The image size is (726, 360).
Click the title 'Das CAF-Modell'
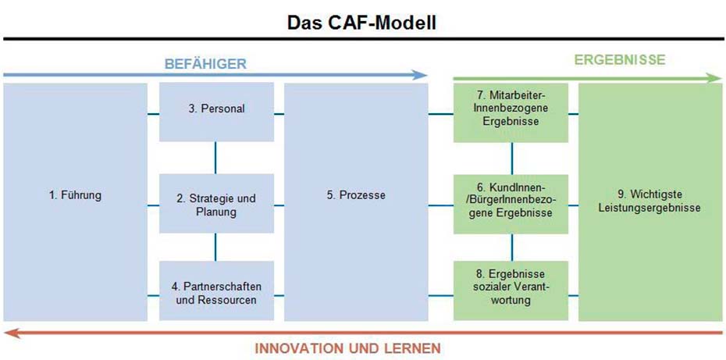pos(361,23)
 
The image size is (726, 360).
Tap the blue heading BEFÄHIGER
pos(205,64)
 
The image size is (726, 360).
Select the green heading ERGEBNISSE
pos(620,60)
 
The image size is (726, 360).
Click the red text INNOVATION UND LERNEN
pos(347,348)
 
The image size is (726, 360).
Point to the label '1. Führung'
pos(75,195)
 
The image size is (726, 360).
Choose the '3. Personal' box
pos(217,112)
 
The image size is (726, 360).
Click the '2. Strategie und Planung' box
pos(217,204)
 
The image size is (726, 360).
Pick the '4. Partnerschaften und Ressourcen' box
pos(217,291)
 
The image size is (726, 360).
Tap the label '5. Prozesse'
pos(356,195)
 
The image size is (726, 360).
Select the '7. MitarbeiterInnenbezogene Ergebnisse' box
pos(511,112)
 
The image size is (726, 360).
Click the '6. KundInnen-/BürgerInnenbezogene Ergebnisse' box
pos(511,205)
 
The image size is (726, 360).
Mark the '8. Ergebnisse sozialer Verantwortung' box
pos(511,291)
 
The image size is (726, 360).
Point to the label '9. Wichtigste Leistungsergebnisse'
pos(649,201)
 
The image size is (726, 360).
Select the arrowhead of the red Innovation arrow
pos(11,333)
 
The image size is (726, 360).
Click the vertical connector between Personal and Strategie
pos(215,158)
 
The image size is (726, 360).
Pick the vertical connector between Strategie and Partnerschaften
pos(215,247)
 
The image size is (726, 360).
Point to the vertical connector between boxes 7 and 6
pos(511,159)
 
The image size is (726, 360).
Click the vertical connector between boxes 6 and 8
pos(511,248)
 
